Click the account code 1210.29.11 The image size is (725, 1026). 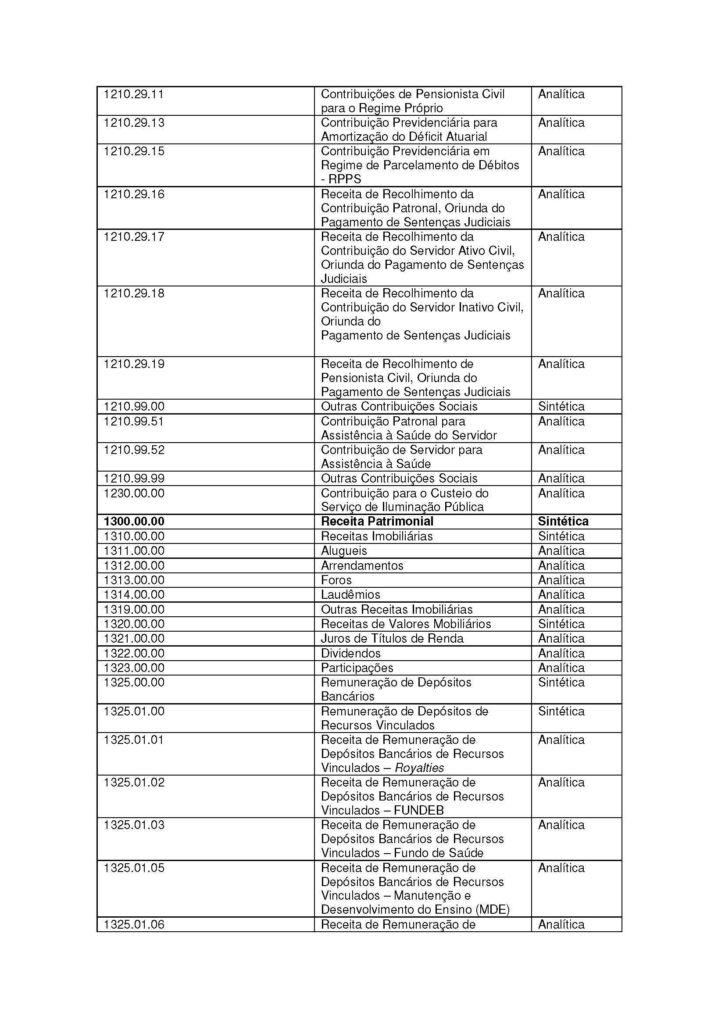click(134, 94)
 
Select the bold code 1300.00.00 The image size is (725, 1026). click(134, 522)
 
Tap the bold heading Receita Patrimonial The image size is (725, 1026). click(377, 522)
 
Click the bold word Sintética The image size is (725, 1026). click(563, 522)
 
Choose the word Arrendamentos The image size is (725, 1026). click(362, 566)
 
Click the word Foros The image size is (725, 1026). click(336, 580)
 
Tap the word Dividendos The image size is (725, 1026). click(351, 653)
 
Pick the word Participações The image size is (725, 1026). click(357, 668)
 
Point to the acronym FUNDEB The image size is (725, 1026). click(419, 811)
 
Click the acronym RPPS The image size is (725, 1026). click(344, 179)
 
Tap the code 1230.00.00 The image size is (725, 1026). click(134, 493)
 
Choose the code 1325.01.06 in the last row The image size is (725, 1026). click(134, 924)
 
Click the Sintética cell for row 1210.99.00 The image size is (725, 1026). click(561, 407)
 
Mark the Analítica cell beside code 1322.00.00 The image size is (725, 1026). click(561, 653)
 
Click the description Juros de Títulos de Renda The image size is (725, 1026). click(392, 639)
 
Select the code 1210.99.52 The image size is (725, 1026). click(134, 450)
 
